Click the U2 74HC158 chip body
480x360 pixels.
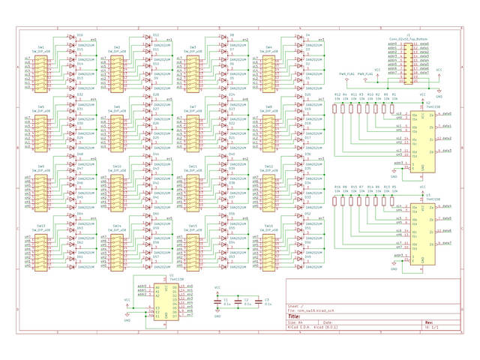422,138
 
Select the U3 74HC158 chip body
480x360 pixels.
422,229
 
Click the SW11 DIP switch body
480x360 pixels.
193,190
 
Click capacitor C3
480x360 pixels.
259,302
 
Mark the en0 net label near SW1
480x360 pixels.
93,39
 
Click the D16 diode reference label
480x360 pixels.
80,34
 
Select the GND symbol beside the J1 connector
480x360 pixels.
439,94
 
